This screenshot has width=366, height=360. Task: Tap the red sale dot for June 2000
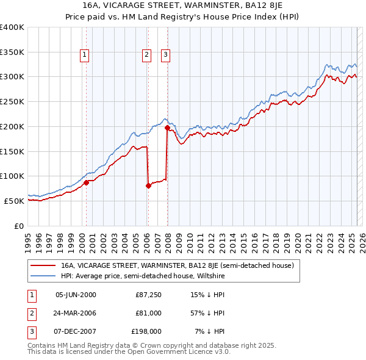click(86, 182)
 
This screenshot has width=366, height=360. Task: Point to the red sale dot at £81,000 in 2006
click(148, 185)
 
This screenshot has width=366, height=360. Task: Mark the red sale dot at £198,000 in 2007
click(167, 128)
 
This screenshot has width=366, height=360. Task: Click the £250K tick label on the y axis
click(12, 101)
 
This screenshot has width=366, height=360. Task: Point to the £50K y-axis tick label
click(14, 201)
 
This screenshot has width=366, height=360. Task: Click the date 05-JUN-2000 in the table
click(76, 295)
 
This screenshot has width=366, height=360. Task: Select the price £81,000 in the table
click(148, 313)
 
